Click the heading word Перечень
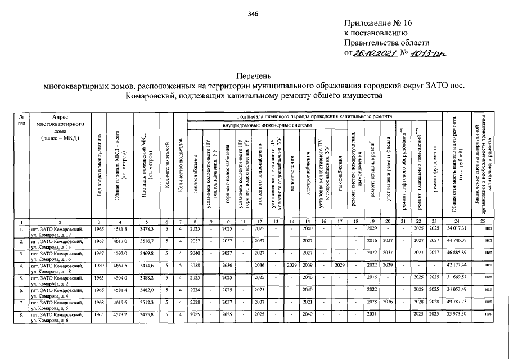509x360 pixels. (x=254, y=75)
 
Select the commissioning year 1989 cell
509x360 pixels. (x=98, y=266)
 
